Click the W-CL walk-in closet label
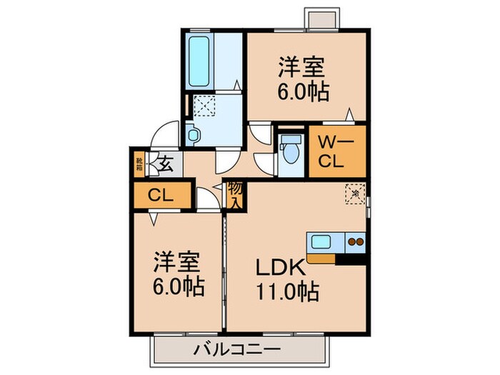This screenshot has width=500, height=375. (333, 151)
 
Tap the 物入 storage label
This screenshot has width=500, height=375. (234, 194)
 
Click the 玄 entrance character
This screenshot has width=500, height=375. (165, 164)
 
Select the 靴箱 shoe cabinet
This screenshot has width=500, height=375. (139, 164)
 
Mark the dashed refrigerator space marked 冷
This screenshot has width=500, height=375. (355, 193)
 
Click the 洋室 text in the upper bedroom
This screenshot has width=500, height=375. (302, 69)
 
